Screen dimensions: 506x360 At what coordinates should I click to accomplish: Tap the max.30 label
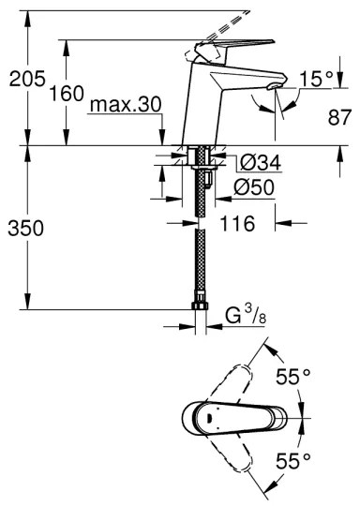[x=122, y=106]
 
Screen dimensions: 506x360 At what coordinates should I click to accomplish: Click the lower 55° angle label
[x=292, y=461]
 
